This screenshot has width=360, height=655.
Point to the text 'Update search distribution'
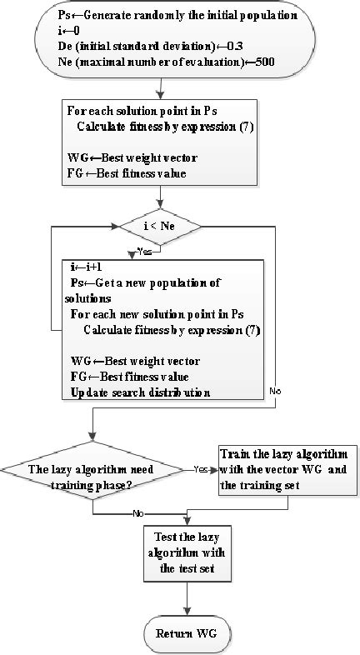139,392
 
